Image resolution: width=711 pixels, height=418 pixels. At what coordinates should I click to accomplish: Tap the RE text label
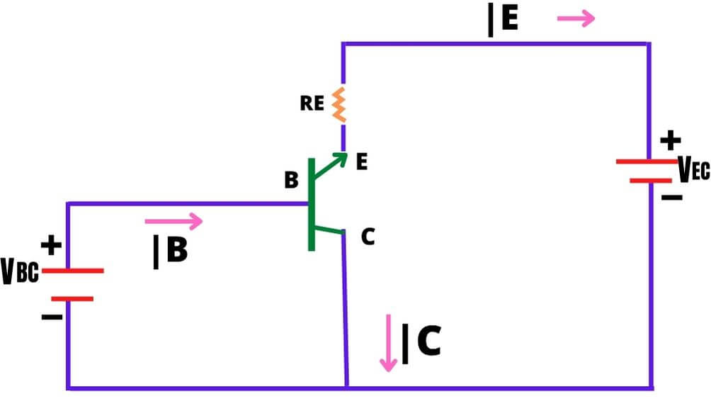(x=312, y=104)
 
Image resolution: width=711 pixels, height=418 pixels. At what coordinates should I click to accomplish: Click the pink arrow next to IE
(x=576, y=19)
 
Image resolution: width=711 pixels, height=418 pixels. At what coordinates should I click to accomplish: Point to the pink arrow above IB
(x=174, y=222)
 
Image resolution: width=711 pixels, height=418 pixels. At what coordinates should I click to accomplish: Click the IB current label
(x=171, y=252)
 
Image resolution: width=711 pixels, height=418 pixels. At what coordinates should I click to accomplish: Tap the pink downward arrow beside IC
(x=387, y=343)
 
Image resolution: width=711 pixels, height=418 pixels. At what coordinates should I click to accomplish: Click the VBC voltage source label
(x=20, y=273)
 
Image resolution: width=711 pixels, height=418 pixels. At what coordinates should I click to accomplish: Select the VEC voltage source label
(x=693, y=169)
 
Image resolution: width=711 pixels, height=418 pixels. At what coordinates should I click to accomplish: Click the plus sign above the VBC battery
(x=50, y=246)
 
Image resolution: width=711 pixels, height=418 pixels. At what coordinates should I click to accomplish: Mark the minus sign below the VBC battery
(x=52, y=317)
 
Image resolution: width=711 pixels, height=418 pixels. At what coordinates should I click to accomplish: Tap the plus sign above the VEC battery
(x=670, y=141)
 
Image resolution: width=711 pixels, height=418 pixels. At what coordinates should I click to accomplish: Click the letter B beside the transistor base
(x=291, y=181)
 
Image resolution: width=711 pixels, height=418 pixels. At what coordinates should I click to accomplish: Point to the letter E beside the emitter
(x=362, y=163)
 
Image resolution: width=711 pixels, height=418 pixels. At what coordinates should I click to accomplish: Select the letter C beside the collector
(x=368, y=237)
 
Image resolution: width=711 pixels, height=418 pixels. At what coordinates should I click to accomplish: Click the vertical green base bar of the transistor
(x=311, y=205)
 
